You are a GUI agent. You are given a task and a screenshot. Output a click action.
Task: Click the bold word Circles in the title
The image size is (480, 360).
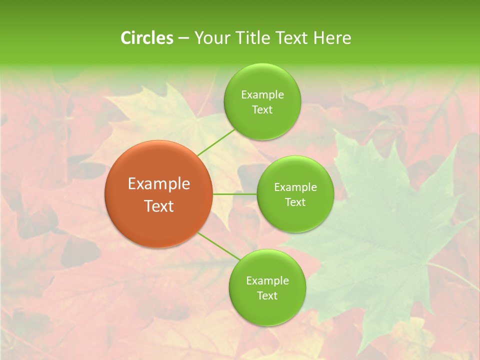tap(146, 38)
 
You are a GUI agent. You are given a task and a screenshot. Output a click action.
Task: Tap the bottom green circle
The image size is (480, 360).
tap(267, 312)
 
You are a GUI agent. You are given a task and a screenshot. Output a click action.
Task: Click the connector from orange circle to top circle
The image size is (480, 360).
tap(216, 142)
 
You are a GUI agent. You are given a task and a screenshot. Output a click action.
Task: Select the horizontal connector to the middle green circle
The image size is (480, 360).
tap(234, 194)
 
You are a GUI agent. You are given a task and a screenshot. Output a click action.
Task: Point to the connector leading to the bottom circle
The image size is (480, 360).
tap(219, 246)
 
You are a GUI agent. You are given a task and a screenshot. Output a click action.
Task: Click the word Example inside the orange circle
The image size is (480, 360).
tap(159, 184)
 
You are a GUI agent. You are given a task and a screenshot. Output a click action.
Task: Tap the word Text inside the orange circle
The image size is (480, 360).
tap(159, 206)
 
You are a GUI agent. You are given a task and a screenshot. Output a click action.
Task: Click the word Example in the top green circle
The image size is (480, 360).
tap(262, 95)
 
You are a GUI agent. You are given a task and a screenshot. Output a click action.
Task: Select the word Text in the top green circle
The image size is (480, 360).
tap(262, 110)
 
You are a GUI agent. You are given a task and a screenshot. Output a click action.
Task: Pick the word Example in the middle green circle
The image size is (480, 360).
tap(295, 187)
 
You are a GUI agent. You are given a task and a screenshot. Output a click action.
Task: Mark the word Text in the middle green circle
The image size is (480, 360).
tap(295, 202)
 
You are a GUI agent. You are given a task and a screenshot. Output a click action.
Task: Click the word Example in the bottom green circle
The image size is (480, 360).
tap(267, 281)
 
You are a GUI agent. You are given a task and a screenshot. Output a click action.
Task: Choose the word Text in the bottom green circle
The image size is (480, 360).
tap(267, 295)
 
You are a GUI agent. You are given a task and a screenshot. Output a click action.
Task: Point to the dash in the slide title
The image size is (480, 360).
tap(183, 38)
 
